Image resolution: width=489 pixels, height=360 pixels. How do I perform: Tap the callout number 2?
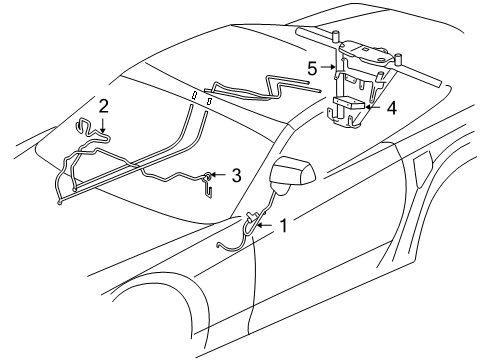(103, 104)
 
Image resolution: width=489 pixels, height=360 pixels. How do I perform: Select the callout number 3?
(235, 175)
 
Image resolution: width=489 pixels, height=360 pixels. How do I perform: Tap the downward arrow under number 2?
(103, 124)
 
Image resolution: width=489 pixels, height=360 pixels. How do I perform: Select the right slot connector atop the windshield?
(210, 101)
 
